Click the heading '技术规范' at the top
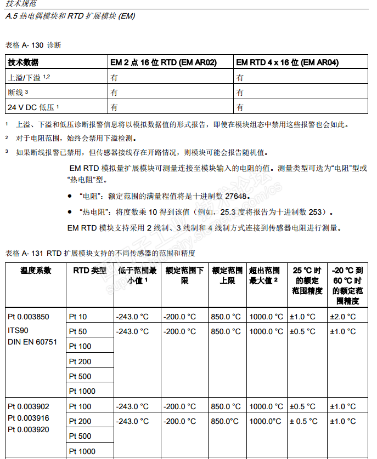pos(19,4)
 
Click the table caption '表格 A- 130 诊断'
pos(33,45)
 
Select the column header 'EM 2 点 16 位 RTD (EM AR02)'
pos(164,62)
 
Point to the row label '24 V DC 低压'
pos(32,107)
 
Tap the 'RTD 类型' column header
pos(89,271)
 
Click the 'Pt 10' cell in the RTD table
pos(78,317)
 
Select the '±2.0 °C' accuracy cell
pos(342,317)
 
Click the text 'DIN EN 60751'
pos(32,342)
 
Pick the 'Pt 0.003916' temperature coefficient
pos(29,418)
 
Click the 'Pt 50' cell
pos(78,331)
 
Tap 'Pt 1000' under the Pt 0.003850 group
pos(82,391)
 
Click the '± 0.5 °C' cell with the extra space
pos(303,421)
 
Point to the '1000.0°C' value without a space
pos(266,421)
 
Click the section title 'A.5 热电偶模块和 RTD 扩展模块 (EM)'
pos(70,16)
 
